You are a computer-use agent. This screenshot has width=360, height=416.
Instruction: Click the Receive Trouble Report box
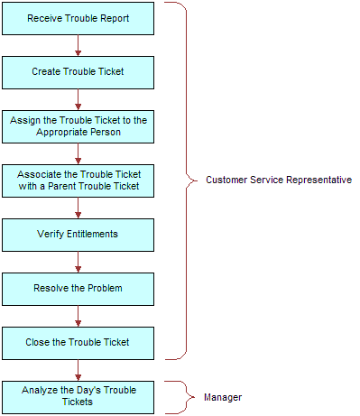[78, 18]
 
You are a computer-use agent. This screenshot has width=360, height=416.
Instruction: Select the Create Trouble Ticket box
[78, 71]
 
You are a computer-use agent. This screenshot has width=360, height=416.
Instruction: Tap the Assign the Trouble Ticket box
[78, 125]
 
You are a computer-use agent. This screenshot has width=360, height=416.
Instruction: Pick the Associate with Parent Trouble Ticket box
[78, 180]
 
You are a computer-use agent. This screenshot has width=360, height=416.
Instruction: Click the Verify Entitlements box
[78, 234]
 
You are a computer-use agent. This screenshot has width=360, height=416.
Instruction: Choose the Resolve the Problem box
[78, 288]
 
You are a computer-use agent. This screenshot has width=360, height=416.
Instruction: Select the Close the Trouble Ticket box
[78, 342]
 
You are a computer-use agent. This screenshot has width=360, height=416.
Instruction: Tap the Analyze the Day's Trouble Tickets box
[78, 396]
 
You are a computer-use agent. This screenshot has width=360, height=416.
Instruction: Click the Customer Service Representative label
[278, 180]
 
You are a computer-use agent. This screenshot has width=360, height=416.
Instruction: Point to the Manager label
[222, 397]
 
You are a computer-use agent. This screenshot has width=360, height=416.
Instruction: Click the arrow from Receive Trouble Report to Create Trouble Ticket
[78, 44]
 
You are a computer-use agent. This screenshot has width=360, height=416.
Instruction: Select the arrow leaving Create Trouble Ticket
[78, 98]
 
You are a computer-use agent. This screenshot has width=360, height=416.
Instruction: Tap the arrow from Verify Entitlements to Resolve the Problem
[78, 261]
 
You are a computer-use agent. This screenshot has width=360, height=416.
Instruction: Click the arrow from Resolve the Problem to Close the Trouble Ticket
[78, 315]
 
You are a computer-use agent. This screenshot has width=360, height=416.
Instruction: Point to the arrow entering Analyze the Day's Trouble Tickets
[78, 369]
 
